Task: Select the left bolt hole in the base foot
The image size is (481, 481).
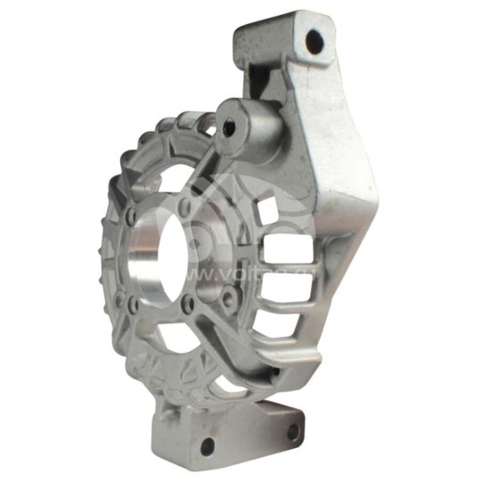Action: tap(208, 445)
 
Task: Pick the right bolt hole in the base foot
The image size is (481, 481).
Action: tap(292, 432)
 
